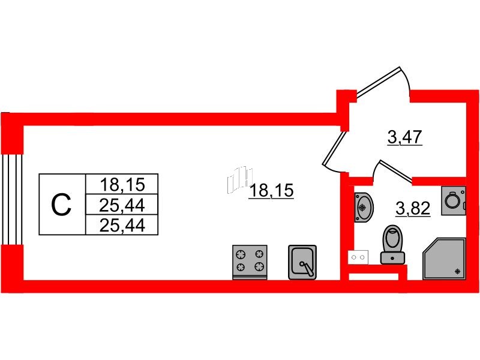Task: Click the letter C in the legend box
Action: point(61,205)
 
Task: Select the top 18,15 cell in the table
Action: point(122,184)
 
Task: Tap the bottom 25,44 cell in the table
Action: point(122,225)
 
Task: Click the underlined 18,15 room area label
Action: point(272,190)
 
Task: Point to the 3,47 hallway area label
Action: point(404,137)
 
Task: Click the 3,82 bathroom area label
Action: point(413,208)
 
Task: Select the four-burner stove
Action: point(250,262)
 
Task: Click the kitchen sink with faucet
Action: point(302,262)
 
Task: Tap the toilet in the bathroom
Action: point(392,244)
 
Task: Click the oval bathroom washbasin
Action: point(364,207)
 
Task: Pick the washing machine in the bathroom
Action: point(454,200)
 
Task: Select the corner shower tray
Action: point(444,259)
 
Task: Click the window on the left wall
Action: point(11,199)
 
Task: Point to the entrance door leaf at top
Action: point(379,83)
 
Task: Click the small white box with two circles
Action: point(358,257)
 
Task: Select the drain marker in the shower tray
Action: point(458,271)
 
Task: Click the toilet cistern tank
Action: point(392,258)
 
